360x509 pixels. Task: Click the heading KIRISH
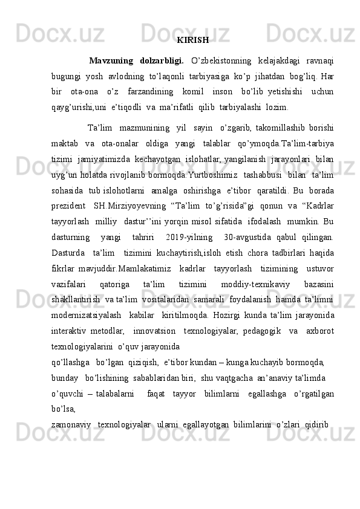[193, 41]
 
